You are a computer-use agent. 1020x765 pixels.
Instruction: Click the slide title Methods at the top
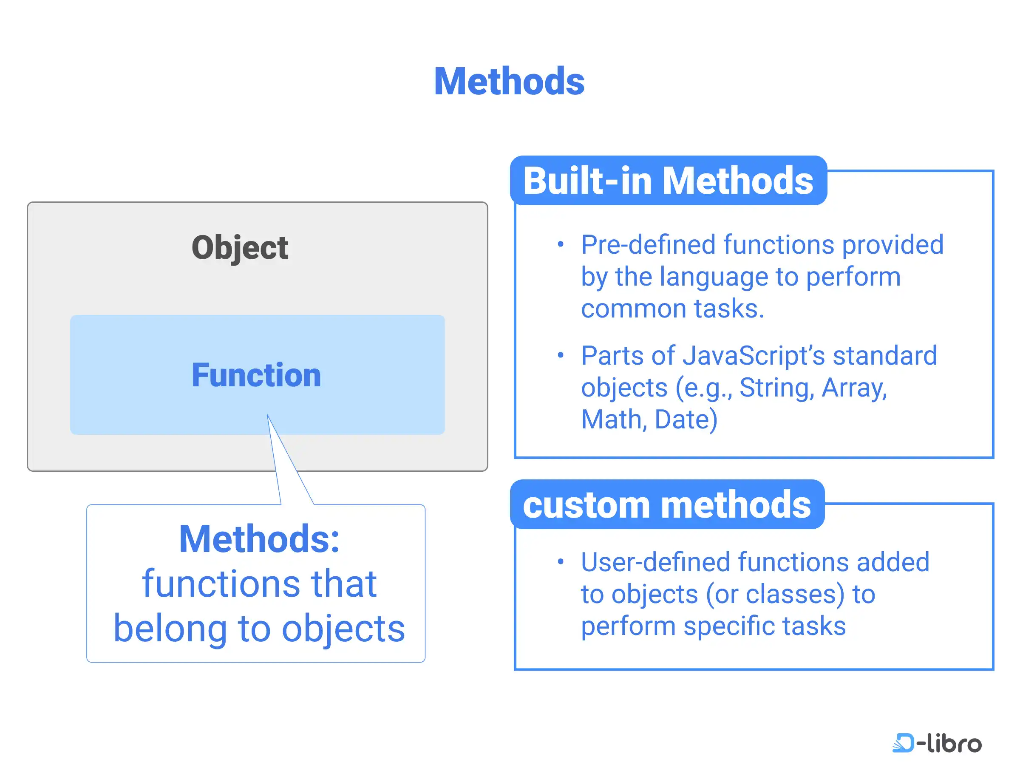point(509,82)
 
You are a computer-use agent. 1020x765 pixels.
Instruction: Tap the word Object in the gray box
point(240,248)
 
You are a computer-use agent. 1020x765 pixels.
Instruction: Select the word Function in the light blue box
point(256,374)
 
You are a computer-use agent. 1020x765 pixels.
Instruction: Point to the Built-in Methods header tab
point(668,180)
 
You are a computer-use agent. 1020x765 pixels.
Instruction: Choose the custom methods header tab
point(667,504)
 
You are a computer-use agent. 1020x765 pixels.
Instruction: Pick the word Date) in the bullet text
point(686,419)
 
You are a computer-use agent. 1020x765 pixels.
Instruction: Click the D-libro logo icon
point(903,743)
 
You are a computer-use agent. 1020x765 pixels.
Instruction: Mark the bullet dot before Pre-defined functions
point(560,244)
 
